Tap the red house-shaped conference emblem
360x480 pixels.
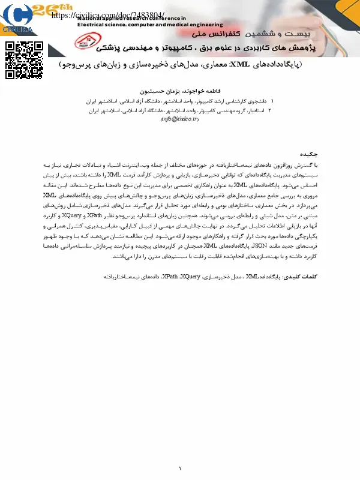pyautogui.click(x=84, y=41)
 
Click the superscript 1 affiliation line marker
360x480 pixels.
pyautogui.click(x=272, y=102)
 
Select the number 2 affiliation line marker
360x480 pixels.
pyautogui.click(x=270, y=110)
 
